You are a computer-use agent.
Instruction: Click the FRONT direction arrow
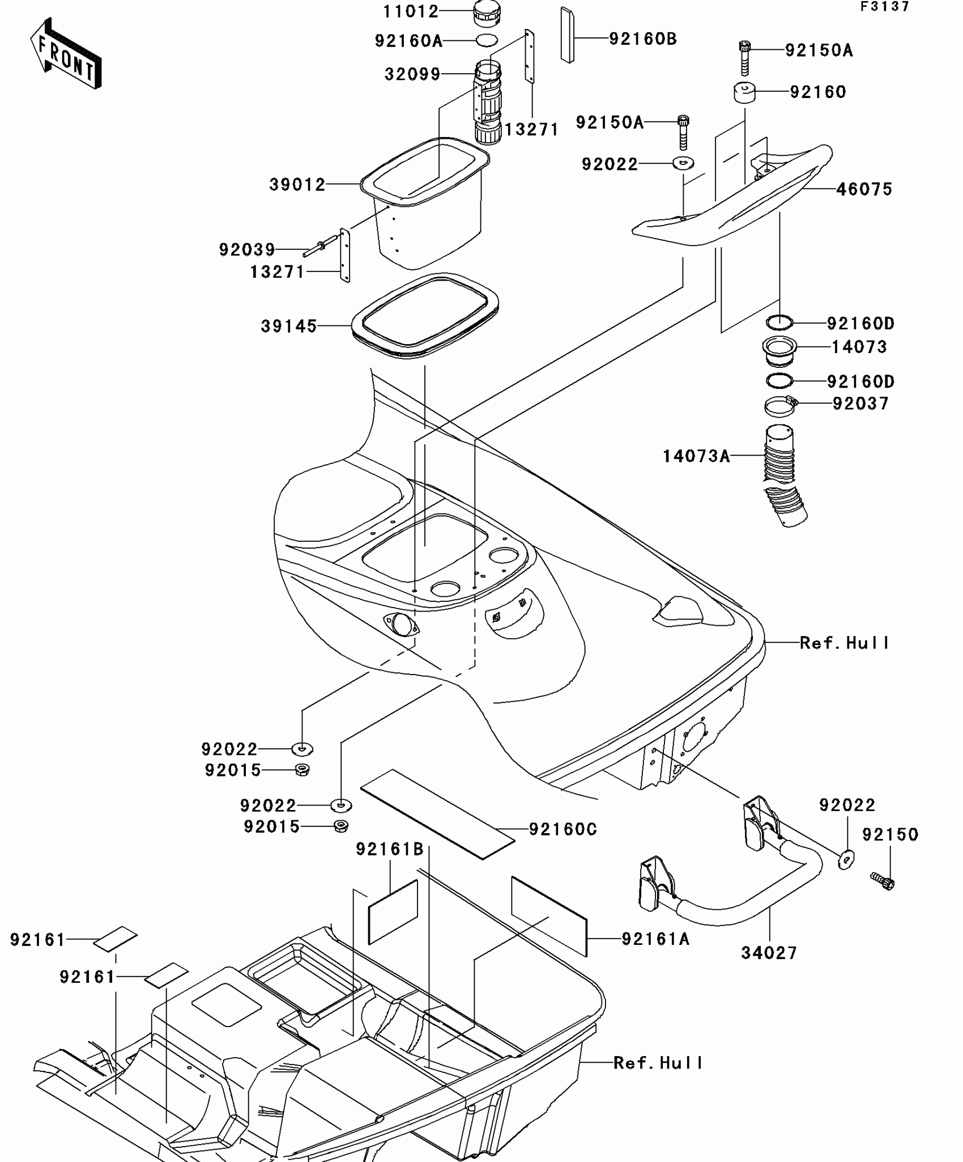point(66,54)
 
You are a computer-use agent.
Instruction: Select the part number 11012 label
point(411,11)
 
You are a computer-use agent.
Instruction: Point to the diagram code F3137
point(885,7)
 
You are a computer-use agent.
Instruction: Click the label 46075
point(864,189)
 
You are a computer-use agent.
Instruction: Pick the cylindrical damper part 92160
point(746,92)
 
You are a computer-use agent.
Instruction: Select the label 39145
point(288,326)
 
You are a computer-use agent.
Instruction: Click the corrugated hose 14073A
point(782,476)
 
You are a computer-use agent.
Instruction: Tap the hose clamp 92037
point(781,405)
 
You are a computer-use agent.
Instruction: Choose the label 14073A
point(696,456)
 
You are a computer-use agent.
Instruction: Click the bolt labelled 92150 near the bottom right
point(882,880)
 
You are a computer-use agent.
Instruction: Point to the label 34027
point(769,953)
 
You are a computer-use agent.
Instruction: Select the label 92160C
point(563,829)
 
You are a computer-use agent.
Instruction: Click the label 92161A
point(655,939)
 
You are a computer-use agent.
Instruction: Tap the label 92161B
point(390,849)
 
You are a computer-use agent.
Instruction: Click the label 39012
point(297,184)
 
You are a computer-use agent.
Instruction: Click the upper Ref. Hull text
point(844,643)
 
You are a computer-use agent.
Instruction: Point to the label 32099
point(412,74)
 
